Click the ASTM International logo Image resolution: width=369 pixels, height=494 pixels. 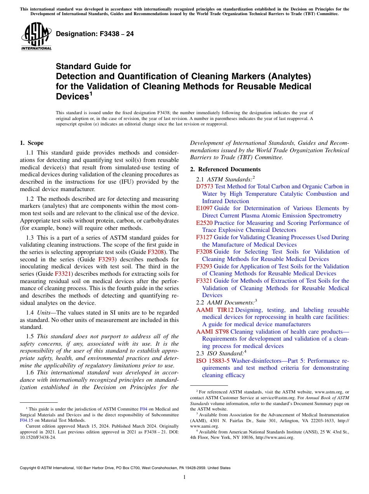(36, 37)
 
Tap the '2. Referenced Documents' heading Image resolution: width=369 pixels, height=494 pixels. (225, 169)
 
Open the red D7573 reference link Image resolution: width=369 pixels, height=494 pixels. (205, 186)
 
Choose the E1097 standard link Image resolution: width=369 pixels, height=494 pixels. (204, 208)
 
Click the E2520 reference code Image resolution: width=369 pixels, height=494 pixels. (204, 223)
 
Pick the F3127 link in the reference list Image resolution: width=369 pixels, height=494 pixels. (204, 237)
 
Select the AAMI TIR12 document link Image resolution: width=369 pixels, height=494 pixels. (215, 310)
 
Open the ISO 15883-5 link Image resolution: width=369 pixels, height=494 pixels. (213, 361)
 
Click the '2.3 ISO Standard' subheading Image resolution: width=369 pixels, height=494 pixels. (221, 353)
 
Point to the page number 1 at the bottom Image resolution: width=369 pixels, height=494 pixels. (184, 477)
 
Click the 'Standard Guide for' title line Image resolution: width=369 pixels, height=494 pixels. (94, 67)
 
